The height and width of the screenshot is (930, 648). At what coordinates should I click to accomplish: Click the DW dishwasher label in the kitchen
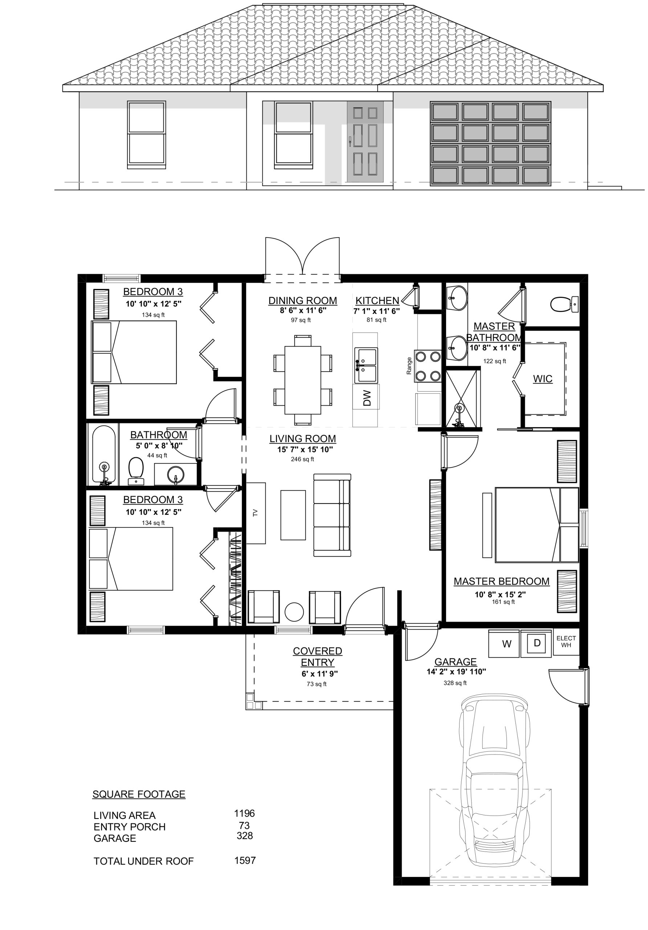[367, 398]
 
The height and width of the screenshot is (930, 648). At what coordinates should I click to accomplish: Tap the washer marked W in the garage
[504, 644]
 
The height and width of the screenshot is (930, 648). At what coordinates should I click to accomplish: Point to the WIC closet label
[542, 379]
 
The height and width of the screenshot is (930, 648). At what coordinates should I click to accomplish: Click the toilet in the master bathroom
[564, 304]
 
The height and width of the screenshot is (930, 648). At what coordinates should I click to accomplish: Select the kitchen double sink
[366, 365]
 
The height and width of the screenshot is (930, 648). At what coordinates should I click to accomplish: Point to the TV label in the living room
[255, 513]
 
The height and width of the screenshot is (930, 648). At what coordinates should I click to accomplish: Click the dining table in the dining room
[303, 380]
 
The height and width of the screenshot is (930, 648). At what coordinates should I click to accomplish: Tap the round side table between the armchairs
[294, 612]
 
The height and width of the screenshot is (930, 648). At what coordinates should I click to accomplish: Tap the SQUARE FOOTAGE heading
[139, 794]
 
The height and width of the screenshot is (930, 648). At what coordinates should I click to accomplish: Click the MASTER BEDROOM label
[501, 581]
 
